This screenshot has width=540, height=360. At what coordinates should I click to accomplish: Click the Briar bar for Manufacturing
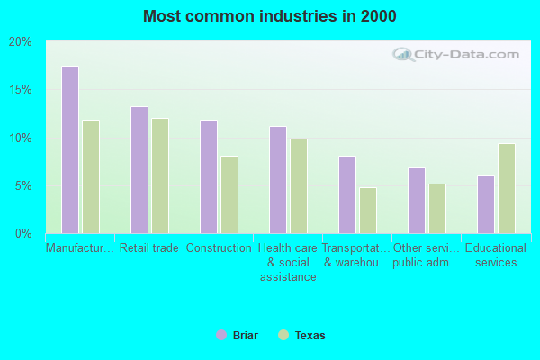click(70, 149)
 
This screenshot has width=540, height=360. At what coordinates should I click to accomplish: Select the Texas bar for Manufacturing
click(91, 176)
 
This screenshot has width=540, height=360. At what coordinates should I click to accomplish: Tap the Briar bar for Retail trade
click(139, 170)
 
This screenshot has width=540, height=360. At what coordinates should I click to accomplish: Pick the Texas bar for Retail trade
click(160, 175)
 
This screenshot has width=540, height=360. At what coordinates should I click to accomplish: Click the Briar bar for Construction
click(209, 176)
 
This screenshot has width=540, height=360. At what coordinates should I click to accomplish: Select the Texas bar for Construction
click(229, 194)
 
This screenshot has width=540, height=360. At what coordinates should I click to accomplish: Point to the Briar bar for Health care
click(278, 180)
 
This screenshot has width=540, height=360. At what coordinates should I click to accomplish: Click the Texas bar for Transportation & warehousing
click(368, 210)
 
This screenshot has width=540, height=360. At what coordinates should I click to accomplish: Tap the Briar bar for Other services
click(417, 201)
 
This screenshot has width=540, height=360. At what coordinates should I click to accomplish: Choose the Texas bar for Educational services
click(507, 188)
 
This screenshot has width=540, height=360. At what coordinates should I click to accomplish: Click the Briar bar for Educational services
click(486, 204)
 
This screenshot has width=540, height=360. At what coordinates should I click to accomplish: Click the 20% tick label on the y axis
click(20, 42)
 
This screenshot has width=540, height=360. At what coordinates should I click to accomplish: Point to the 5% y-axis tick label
click(23, 186)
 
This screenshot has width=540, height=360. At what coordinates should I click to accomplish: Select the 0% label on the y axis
click(23, 234)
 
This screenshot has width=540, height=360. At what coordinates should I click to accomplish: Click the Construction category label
click(219, 248)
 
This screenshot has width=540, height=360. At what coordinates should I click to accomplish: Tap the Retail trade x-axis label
click(149, 248)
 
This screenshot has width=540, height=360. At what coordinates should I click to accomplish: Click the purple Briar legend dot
click(221, 335)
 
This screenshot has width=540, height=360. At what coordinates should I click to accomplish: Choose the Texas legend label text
click(310, 336)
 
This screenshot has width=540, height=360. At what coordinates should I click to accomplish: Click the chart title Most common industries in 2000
click(270, 16)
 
